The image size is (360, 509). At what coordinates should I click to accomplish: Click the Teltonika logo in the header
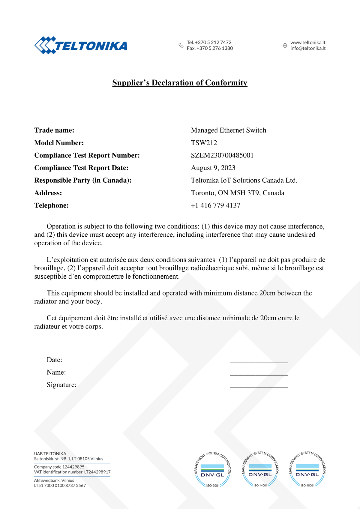81,46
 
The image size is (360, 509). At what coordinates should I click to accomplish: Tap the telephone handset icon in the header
181,45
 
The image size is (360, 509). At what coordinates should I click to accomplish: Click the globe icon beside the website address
285,46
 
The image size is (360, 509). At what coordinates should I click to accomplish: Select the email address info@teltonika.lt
308,48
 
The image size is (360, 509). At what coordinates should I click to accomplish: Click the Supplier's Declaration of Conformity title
180,83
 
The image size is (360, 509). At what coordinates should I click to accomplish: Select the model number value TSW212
204,143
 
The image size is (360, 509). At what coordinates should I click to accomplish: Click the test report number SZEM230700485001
222,155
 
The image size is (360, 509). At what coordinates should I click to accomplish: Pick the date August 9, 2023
213,168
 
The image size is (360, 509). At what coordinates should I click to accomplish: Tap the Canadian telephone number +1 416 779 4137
215,205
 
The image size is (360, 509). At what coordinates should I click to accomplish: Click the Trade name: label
54,130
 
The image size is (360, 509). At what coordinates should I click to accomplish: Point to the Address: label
48,193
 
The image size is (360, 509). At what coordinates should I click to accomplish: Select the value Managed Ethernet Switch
229,130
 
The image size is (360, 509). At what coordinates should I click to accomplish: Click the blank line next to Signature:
259,387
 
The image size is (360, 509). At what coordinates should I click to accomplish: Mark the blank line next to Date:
259,362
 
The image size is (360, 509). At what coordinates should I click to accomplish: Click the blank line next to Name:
259,374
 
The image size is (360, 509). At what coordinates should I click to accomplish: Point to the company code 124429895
73,467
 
